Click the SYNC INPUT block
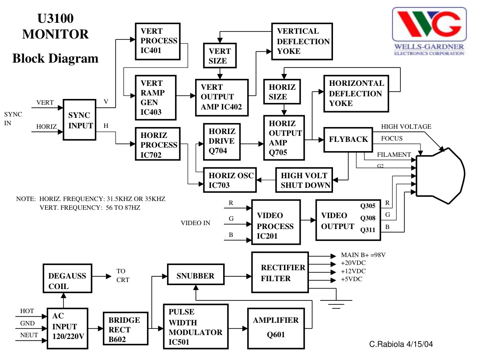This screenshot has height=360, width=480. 80,120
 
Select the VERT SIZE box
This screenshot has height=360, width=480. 220,56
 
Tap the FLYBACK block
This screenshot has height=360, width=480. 348,139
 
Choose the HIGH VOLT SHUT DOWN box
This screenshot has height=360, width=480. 304,180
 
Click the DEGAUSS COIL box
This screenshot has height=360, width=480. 67,278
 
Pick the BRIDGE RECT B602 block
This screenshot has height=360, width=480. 126,329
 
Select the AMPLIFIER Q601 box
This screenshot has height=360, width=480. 276,328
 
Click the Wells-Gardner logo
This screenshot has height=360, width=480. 429,31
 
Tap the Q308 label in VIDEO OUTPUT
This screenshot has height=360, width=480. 368,218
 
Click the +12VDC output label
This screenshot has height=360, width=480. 353,271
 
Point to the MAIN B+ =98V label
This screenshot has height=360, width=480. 363,255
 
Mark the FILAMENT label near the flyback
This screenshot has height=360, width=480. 394,155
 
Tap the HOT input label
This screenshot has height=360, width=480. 27,311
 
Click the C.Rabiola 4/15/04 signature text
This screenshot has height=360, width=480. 401,344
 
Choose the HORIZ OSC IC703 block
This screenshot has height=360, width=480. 230,180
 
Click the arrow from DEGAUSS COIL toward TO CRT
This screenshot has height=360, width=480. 102,276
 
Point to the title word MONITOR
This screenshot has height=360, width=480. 56,34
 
